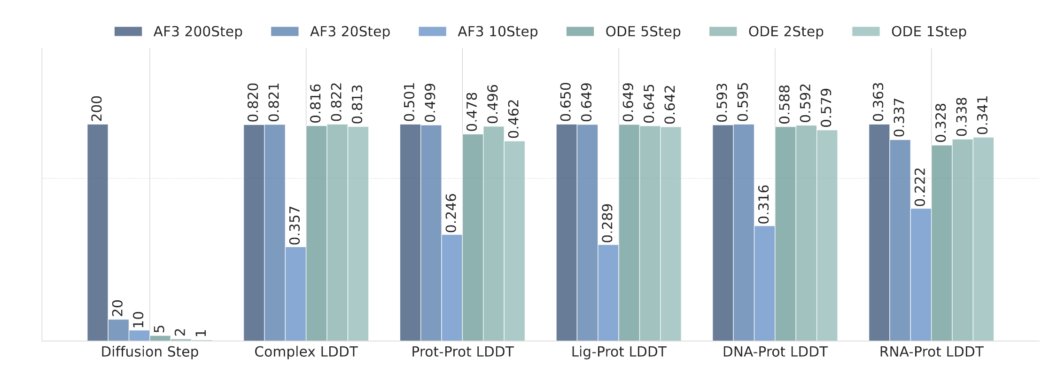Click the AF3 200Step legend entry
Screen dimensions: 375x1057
[179, 31]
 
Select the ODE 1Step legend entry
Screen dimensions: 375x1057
[909, 31]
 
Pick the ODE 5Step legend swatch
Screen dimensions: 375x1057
[580, 31]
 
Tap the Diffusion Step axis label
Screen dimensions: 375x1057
[150, 352]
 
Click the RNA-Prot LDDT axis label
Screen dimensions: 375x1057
[931, 352]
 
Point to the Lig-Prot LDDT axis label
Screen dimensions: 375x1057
[619, 352]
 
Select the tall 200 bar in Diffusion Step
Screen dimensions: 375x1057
[98, 233]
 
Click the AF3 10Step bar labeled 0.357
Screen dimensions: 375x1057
[295, 294]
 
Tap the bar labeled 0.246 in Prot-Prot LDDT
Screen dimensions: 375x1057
[452, 288]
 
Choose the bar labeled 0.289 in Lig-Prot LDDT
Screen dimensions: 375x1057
[608, 293]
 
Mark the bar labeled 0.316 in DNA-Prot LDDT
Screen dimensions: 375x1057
[764, 283]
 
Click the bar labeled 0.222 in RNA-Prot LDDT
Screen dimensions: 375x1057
[921, 275]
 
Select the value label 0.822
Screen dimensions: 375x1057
[337, 102]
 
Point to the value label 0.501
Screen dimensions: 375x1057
[410, 102]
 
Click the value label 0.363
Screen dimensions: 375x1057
[878, 102]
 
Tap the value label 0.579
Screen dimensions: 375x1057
[826, 108]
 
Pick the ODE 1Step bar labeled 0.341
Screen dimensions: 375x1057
[983, 239]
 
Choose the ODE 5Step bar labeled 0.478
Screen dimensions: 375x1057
[473, 237]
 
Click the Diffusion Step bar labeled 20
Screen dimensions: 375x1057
[118, 330]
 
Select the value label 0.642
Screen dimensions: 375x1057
[670, 105]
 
